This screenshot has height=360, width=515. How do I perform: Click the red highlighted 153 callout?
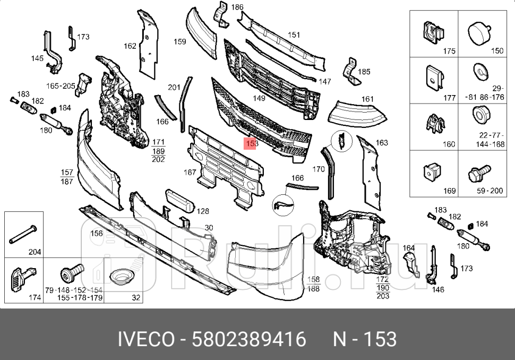pyautogui.click(x=251, y=143)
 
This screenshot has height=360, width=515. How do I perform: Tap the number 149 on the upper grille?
pyautogui.click(x=259, y=98)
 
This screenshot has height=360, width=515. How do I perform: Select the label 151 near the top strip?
pyautogui.click(x=294, y=35)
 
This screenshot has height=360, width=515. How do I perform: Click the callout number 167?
pyautogui.click(x=190, y=172)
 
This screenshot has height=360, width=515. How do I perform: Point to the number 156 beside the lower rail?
pyautogui.click(x=96, y=233)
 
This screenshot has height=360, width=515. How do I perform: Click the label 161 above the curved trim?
pyautogui.click(x=367, y=99)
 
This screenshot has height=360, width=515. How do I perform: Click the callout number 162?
pyautogui.click(x=130, y=46)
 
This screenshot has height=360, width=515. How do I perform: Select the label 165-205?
pyautogui.click(x=60, y=85)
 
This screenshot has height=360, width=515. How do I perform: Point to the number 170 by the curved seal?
pyautogui.click(x=318, y=170)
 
